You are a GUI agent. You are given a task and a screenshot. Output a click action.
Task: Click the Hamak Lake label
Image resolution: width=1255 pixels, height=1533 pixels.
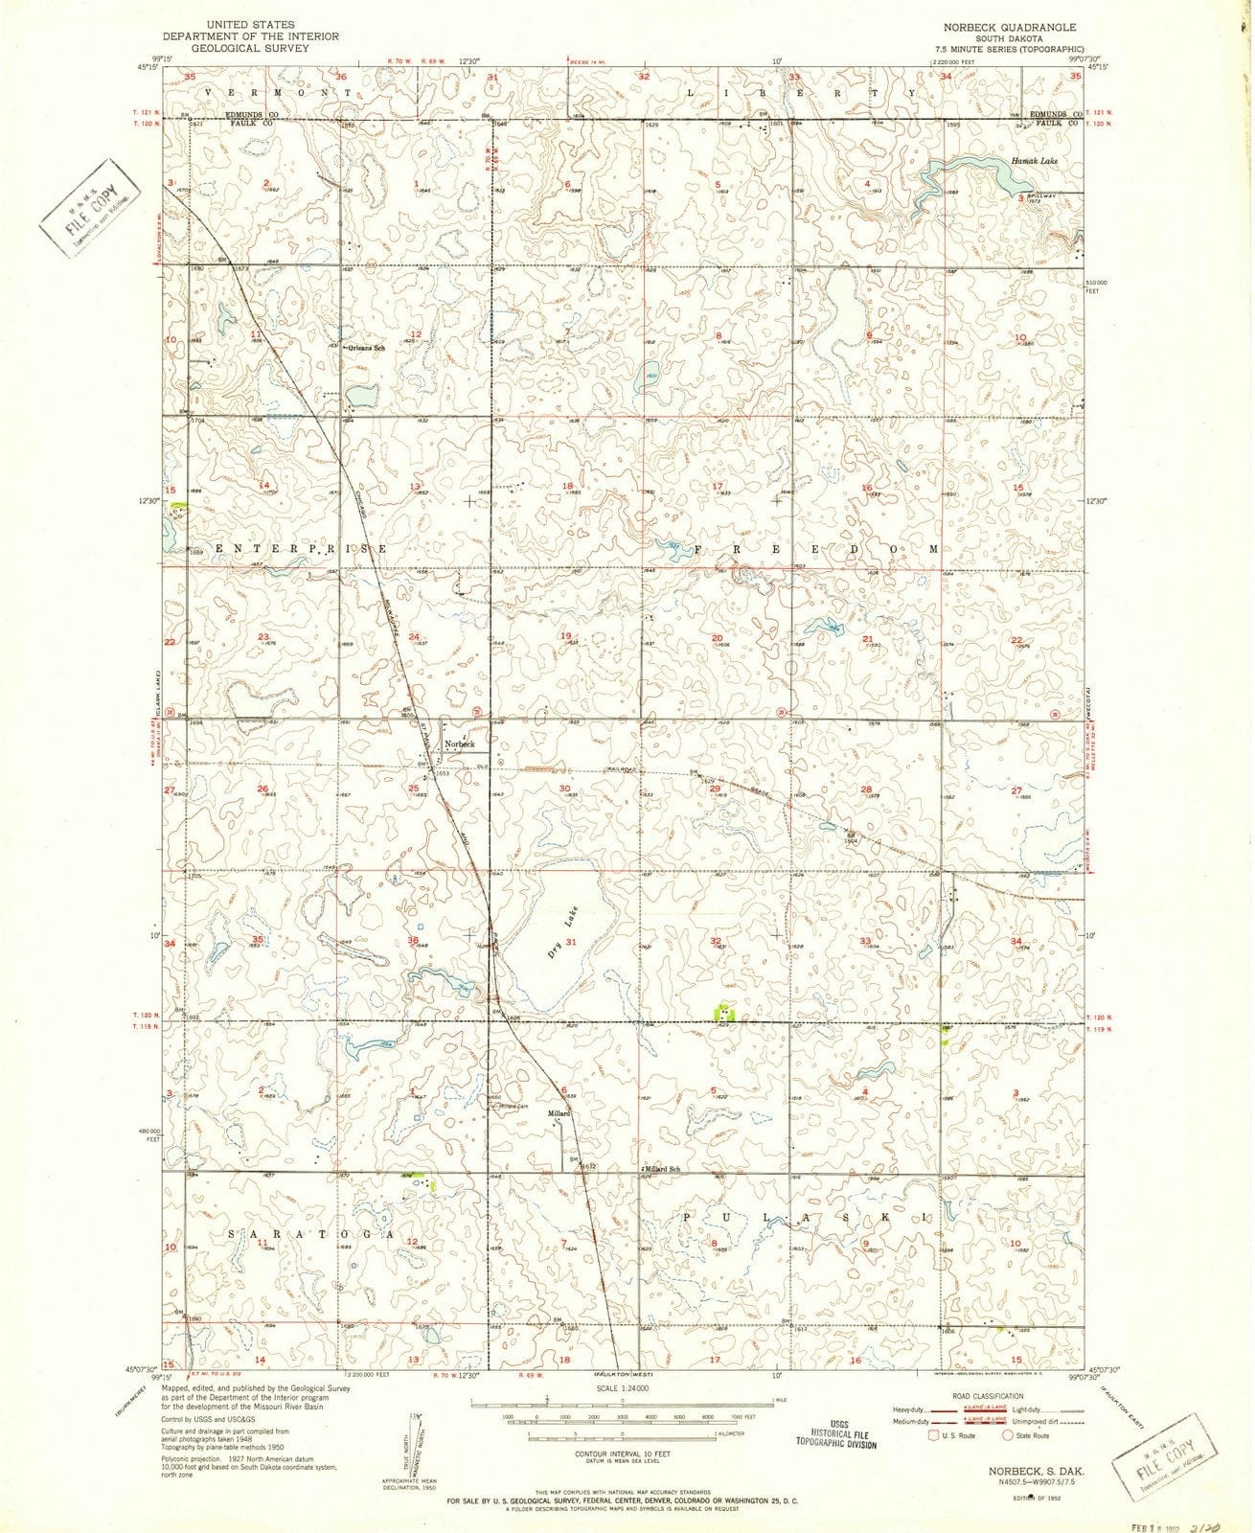tap(1034, 162)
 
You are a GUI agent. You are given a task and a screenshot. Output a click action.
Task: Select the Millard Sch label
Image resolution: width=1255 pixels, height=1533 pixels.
tap(662, 1170)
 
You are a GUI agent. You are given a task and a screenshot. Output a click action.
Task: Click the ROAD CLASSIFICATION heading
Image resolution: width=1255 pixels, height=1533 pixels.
tap(986, 1396)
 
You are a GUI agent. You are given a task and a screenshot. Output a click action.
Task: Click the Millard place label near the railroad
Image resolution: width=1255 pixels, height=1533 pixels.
tap(559, 1113)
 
